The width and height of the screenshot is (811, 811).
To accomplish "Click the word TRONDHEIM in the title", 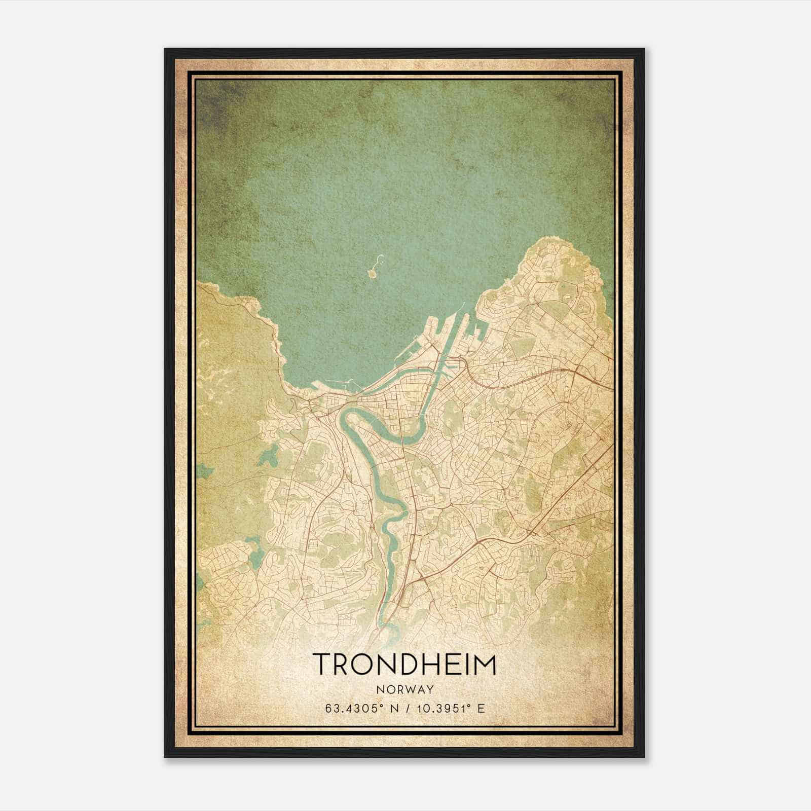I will coord(404,664).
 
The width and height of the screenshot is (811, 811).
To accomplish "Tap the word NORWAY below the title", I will coord(404,689).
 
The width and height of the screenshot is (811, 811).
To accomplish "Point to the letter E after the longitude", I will coord(481,708).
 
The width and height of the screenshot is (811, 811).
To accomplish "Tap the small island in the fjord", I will coord(373,274).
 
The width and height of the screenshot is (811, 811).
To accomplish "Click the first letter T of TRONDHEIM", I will coord(321,664).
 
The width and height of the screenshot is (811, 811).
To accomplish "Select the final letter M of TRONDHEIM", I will coord(486,664).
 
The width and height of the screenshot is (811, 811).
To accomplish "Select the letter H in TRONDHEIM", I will coord(425,664).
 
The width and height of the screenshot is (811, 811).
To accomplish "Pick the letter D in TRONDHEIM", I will coord(403,664).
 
